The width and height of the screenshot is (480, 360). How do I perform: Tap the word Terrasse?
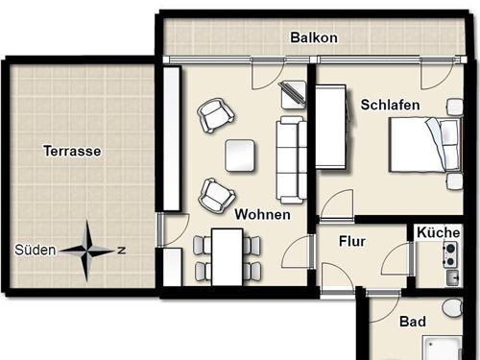72,151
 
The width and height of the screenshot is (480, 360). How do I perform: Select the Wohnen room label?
262,214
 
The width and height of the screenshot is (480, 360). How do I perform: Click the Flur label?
352,242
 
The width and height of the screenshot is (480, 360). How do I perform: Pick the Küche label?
438,232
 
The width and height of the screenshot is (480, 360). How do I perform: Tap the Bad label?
413,322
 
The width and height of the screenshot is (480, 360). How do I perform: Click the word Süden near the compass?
36,250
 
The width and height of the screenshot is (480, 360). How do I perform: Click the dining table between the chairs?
228,256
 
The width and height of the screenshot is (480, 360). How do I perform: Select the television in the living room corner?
291,94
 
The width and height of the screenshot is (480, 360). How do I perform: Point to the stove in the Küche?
449,253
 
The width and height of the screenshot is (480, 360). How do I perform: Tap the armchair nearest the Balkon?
214,116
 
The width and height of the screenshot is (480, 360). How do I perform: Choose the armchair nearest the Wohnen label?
215,195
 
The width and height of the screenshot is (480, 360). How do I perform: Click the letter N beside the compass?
121,250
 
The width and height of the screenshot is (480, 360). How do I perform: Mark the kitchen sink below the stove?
451,276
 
